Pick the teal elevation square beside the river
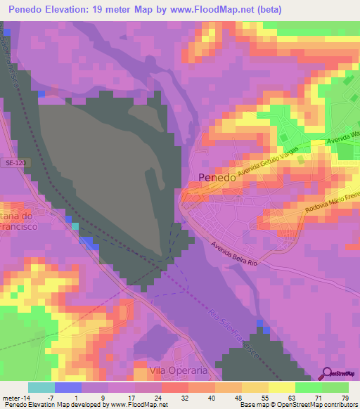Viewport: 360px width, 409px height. pyautogui.click(x=75, y=226)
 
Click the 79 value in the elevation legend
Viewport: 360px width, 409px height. pyautogui.click(x=345, y=398)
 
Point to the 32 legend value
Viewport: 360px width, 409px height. pyautogui.click(x=184, y=398)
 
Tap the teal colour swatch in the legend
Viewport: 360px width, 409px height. pyautogui.click(x=41, y=387)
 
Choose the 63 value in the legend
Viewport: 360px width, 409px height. pyautogui.click(x=291, y=398)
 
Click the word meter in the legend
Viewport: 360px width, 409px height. pyautogui.click(x=11, y=398)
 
